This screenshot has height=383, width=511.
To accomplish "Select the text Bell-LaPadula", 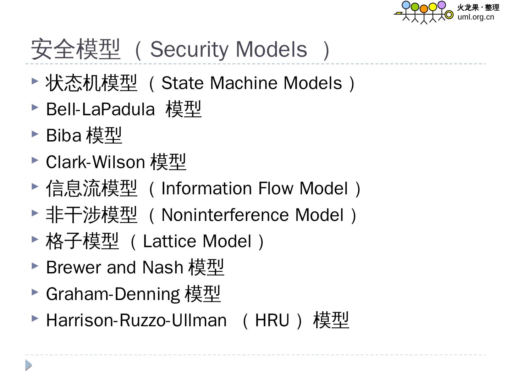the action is click(x=100, y=109).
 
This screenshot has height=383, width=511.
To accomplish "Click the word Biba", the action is click(x=64, y=135).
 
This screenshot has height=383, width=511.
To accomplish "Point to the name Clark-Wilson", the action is click(x=95, y=162).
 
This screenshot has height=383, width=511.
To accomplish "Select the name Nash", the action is click(x=163, y=267).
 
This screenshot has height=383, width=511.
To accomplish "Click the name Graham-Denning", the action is click(x=113, y=294).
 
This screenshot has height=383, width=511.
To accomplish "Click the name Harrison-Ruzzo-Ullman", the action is click(x=136, y=320).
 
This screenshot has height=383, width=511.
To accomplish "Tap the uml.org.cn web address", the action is click(x=476, y=17).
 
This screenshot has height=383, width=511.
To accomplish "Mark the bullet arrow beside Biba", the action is click(x=35, y=134).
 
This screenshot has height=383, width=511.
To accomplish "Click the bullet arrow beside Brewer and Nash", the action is click(x=35, y=266).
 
